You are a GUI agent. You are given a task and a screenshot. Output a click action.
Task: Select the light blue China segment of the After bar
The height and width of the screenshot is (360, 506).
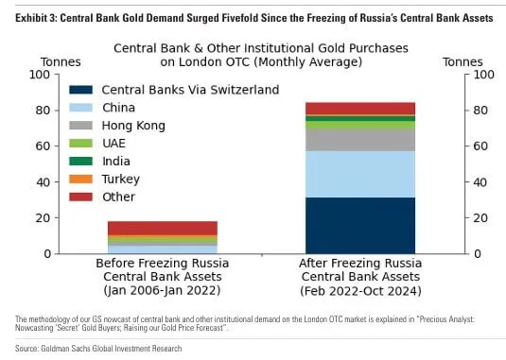pyautogui.click(x=360, y=174)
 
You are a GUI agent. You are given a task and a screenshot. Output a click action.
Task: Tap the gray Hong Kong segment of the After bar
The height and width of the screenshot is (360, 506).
pyautogui.click(x=360, y=140)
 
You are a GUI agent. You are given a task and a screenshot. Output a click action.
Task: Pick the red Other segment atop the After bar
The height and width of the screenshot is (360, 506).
pyautogui.click(x=360, y=108)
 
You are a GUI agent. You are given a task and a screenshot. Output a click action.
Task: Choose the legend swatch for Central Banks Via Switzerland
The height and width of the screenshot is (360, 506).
pyautogui.click(x=81, y=90)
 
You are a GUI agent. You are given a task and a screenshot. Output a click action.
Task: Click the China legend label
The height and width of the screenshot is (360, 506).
pyautogui.click(x=119, y=108)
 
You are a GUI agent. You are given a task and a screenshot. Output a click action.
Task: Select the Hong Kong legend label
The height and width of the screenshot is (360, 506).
pyautogui.click(x=132, y=126)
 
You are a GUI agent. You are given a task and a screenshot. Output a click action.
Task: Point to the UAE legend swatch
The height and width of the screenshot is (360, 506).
pyautogui.click(x=81, y=144)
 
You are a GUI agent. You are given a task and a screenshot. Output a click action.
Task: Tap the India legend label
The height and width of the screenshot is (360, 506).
pyautogui.click(x=116, y=161)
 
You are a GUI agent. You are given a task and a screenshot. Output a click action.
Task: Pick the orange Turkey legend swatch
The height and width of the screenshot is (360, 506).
pyautogui.click(x=81, y=179)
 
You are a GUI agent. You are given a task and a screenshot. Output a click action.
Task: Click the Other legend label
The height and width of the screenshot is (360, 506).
pyautogui.click(x=117, y=197)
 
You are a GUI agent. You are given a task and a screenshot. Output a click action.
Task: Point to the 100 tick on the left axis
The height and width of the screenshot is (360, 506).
pyautogui.click(x=42, y=75)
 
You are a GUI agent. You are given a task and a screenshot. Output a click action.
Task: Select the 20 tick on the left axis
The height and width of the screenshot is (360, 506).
pyautogui.click(x=44, y=218)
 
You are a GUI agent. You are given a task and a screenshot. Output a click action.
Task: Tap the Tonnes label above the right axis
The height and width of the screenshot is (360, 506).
pyautogui.click(x=462, y=62)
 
